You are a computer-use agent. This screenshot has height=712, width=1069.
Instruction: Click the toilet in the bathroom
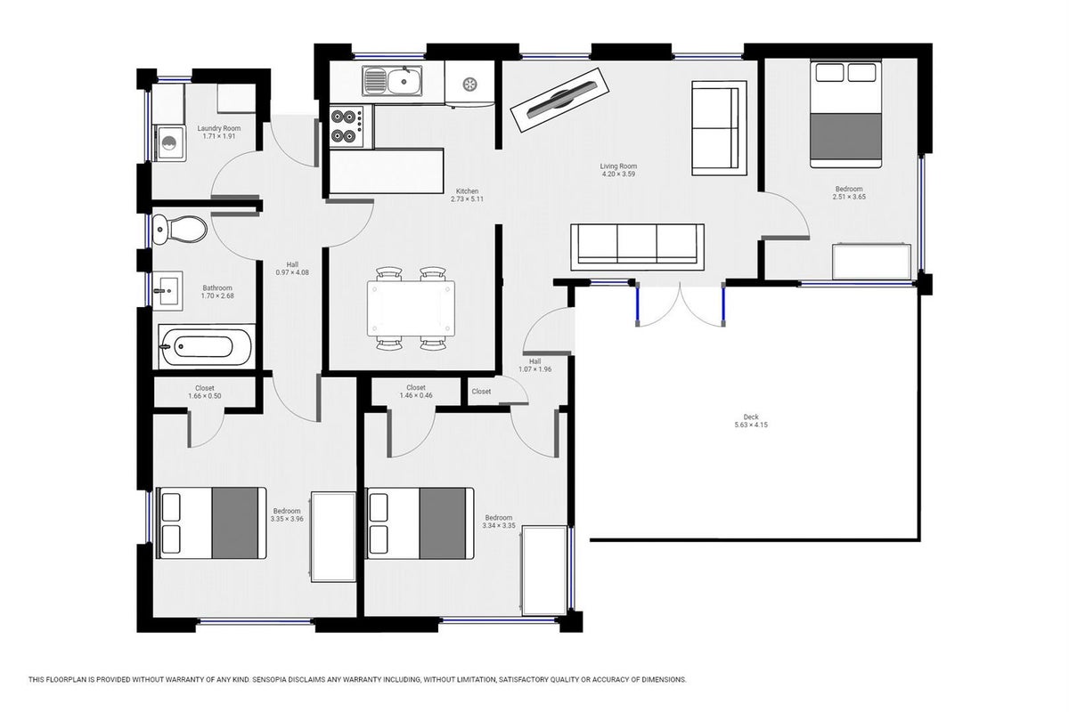[179, 230]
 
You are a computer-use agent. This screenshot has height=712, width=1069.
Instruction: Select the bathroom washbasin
[167, 291]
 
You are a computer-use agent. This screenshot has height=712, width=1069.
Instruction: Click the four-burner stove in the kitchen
[347, 126]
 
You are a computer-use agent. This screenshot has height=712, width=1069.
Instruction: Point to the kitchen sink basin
[404, 81]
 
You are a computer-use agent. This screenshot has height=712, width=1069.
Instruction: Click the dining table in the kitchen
[411, 309]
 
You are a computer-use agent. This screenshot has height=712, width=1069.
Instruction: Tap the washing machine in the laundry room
[169, 143]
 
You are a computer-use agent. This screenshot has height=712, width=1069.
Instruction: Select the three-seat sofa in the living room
[637, 247]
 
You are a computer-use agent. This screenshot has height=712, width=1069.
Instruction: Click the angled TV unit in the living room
[560, 101]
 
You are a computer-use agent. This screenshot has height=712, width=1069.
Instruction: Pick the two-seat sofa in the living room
[719, 128]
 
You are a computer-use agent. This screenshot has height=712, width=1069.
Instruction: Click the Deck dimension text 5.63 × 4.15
[751, 425]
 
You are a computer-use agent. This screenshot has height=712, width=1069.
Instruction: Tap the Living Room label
[618, 166]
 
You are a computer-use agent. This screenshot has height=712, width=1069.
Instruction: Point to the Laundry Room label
[219, 128]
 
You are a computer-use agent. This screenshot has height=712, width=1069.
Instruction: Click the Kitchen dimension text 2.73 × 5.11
[467, 198]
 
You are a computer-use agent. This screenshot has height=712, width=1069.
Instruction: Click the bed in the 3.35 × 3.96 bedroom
[211, 522]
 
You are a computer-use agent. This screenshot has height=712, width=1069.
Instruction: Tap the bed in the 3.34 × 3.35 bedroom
[420, 522]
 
